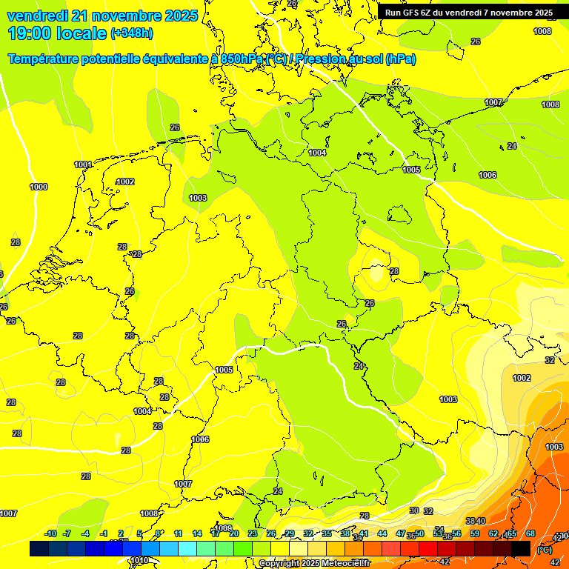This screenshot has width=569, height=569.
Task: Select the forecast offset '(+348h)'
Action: (x=132, y=34)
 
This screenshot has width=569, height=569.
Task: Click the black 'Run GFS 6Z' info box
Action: (x=468, y=13)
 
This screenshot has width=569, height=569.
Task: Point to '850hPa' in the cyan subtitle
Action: (x=242, y=59)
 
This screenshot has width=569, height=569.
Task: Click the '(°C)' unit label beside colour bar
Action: (x=544, y=550)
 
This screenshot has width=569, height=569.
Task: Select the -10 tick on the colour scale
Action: (x=51, y=533)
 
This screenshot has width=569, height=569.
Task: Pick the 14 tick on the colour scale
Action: (x=197, y=533)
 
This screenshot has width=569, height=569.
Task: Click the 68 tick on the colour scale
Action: (x=530, y=533)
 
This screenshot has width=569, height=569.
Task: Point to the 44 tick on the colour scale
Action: (x=382, y=533)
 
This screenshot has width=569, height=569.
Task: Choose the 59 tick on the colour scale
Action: (x=475, y=533)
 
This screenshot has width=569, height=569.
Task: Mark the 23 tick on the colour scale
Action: (x=253, y=533)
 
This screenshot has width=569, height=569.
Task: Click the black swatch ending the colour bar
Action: (x=521, y=548)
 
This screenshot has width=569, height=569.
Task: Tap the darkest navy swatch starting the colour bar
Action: (x=39, y=548)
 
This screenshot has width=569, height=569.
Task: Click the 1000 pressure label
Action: (x=39, y=187)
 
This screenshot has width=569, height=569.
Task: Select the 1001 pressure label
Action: (x=83, y=164)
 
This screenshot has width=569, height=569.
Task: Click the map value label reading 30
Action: (x=414, y=511)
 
